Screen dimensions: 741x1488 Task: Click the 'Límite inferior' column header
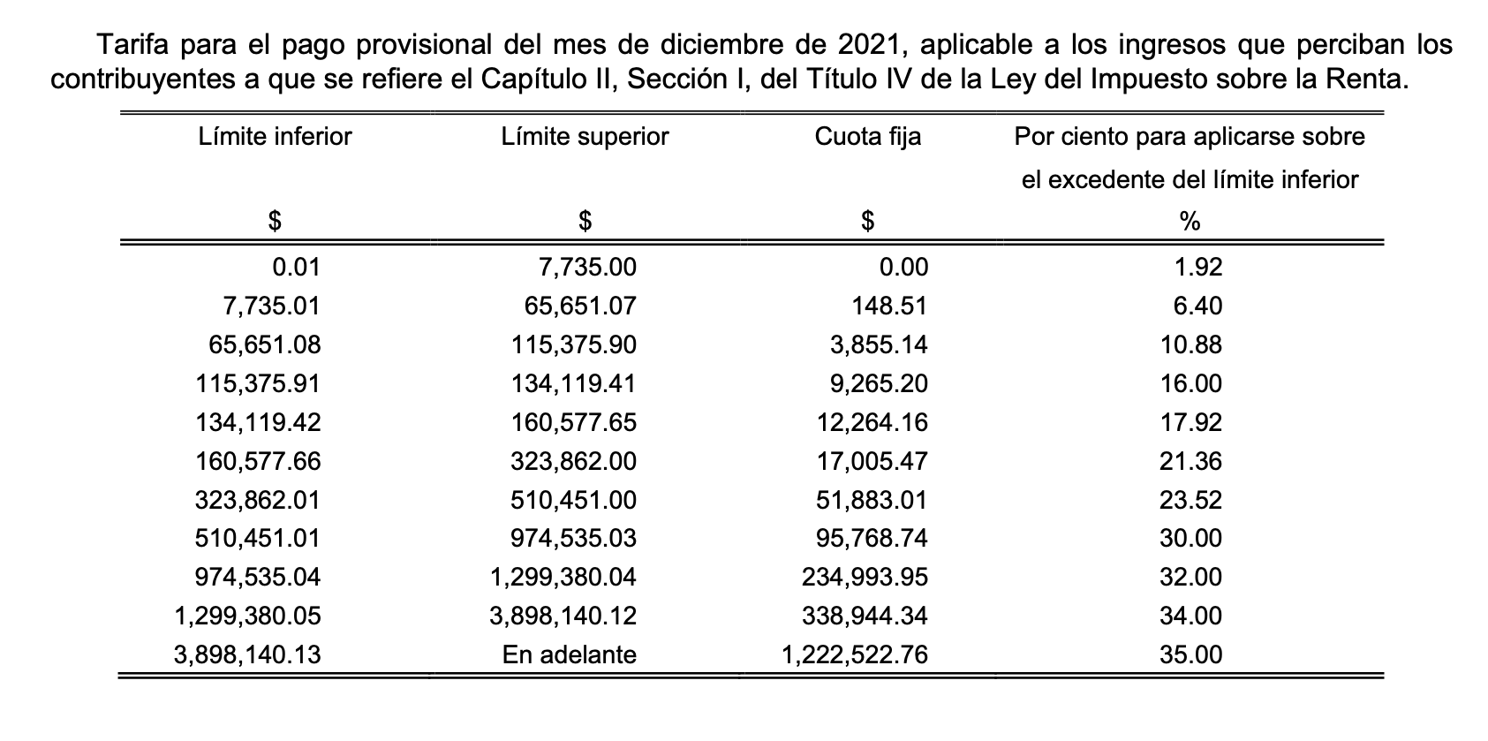pos(275,137)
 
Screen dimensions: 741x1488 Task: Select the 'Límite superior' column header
pos(585,137)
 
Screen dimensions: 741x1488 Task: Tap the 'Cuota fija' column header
pos(867,137)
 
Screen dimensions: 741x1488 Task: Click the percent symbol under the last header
pos(1190,223)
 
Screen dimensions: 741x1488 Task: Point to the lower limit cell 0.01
pos(296,268)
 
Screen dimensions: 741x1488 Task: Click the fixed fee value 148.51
pos(889,306)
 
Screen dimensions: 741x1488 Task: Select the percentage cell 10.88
pos(1190,345)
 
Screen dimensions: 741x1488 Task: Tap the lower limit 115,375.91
pos(258,384)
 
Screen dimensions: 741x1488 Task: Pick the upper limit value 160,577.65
pos(574,423)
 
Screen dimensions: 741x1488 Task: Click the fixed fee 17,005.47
pos(872,462)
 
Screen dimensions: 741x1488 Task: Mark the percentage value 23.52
pos(1190,501)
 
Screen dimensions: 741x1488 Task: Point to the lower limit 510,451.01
pos(258,539)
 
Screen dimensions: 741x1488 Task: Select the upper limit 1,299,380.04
pos(563,578)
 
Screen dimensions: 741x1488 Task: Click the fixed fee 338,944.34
pos(865,616)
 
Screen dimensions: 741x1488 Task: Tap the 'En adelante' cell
pos(569,655)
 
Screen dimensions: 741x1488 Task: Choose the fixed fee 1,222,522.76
pos(855,655)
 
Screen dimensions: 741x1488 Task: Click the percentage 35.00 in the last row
pos(1190,655)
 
